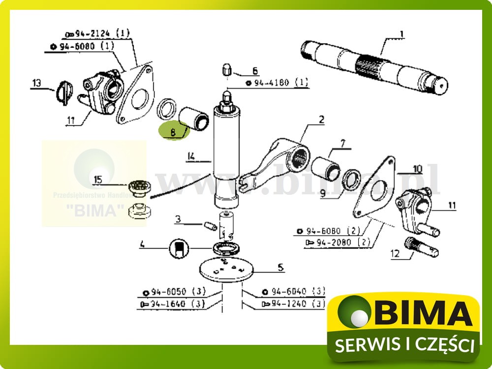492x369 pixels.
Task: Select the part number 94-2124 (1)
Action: coord(97,34)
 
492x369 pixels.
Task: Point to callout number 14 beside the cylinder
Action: coord(191,157)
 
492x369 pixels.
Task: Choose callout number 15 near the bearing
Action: coord(98,180)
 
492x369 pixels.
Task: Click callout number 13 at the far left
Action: coord(37,83)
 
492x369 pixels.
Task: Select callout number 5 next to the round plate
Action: coord(280,268)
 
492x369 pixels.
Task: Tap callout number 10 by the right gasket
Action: coord(417,169)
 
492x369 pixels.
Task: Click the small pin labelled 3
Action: coord(210,226)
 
